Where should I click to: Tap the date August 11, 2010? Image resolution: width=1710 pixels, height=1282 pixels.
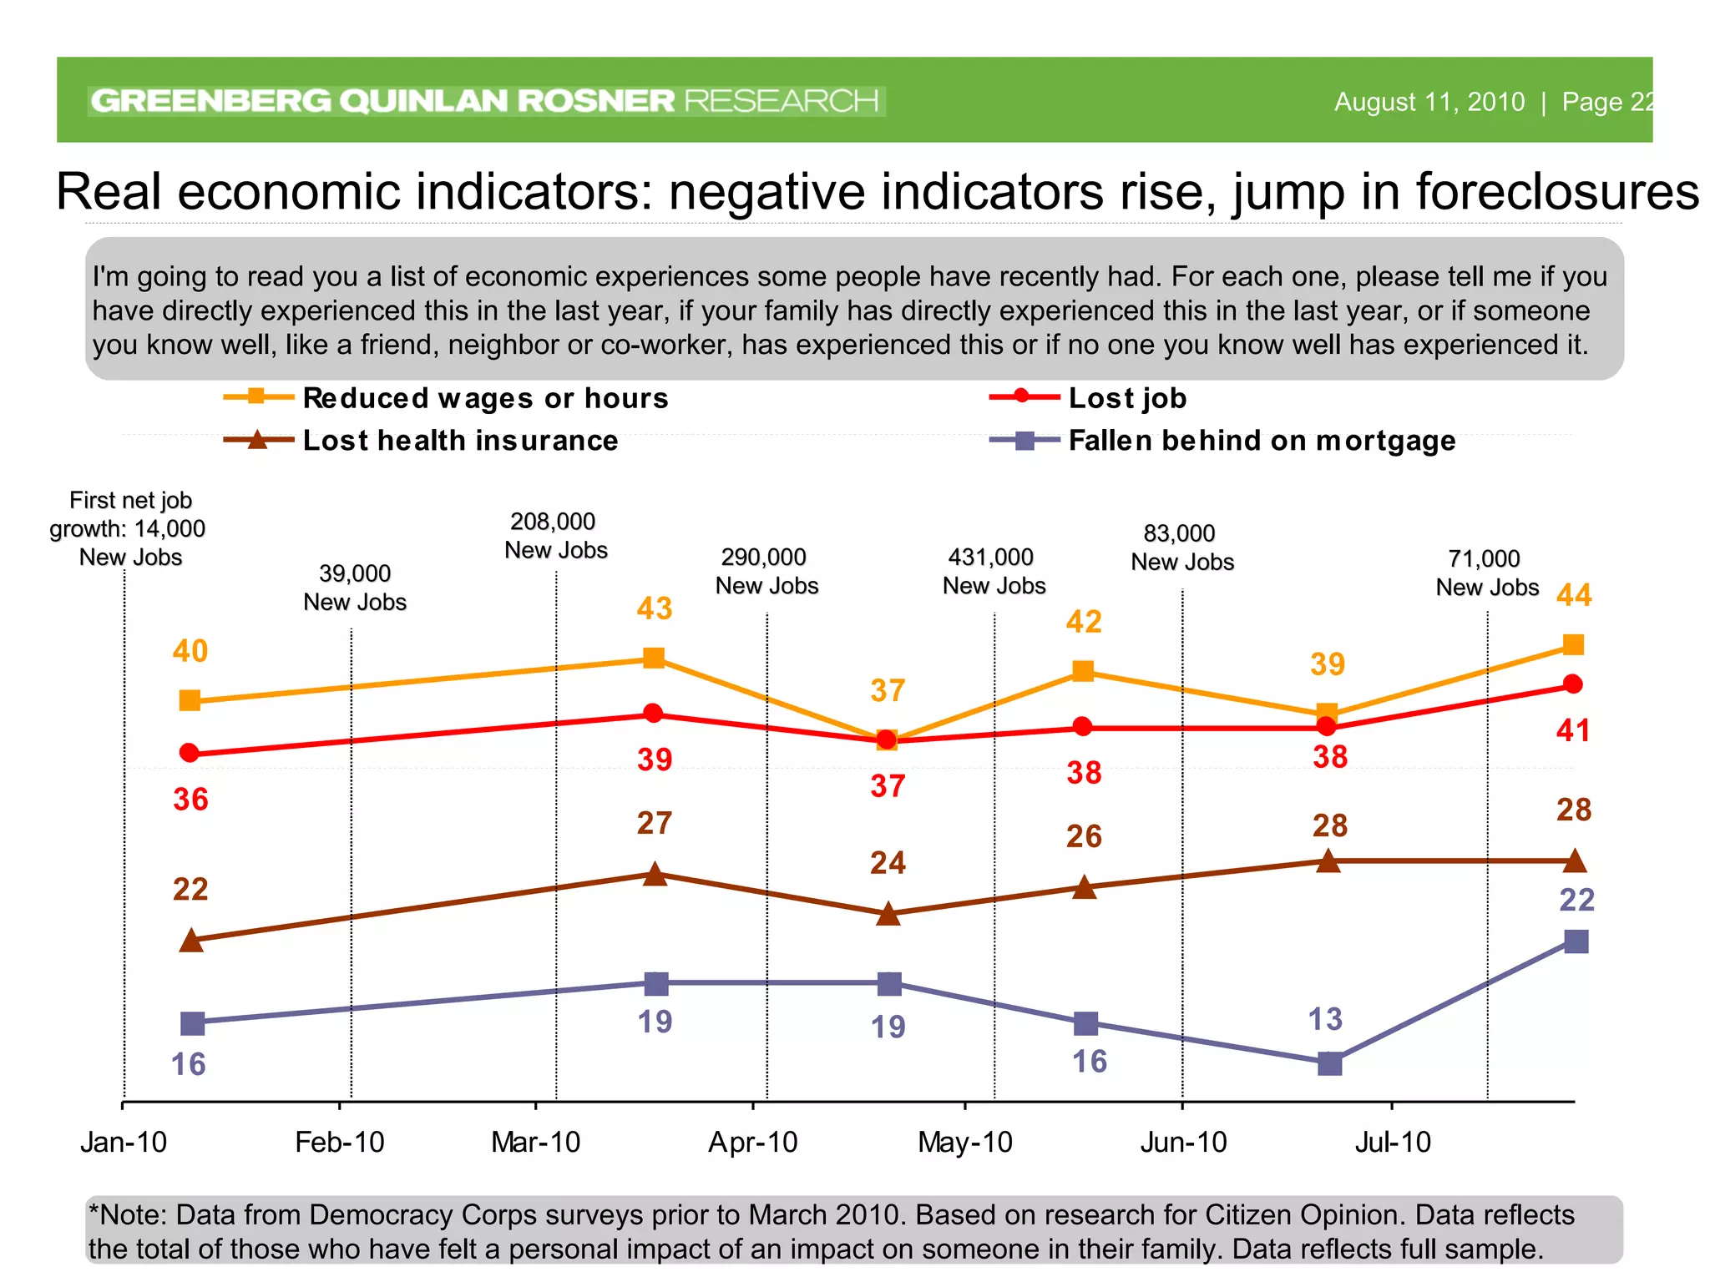1429,102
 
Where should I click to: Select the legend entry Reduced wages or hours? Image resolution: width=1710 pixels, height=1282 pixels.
484,398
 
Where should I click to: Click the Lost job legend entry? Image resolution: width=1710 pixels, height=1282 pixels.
1126,398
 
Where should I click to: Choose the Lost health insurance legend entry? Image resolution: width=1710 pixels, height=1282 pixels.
459,441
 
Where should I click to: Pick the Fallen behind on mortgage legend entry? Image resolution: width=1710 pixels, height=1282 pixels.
1261,441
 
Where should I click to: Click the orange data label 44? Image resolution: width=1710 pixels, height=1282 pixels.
1574,595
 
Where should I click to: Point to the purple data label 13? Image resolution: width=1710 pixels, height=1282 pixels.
1325,1019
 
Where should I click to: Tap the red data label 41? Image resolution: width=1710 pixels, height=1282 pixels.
1573,731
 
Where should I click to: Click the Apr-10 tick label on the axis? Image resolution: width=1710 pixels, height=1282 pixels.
753,1142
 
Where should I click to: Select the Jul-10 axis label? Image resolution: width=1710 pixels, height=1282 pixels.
1393,1142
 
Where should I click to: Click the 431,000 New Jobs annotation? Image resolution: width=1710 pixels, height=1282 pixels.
994,571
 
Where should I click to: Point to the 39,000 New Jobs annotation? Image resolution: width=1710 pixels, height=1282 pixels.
355,588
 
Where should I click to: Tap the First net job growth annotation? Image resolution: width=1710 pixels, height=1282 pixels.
129,528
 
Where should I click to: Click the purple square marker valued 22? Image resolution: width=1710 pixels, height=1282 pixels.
1576,941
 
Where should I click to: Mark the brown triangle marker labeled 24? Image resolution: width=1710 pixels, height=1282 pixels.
888,914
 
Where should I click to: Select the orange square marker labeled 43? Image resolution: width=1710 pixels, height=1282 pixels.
654,659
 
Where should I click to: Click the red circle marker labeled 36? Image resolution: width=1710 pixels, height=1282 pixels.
190,753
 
